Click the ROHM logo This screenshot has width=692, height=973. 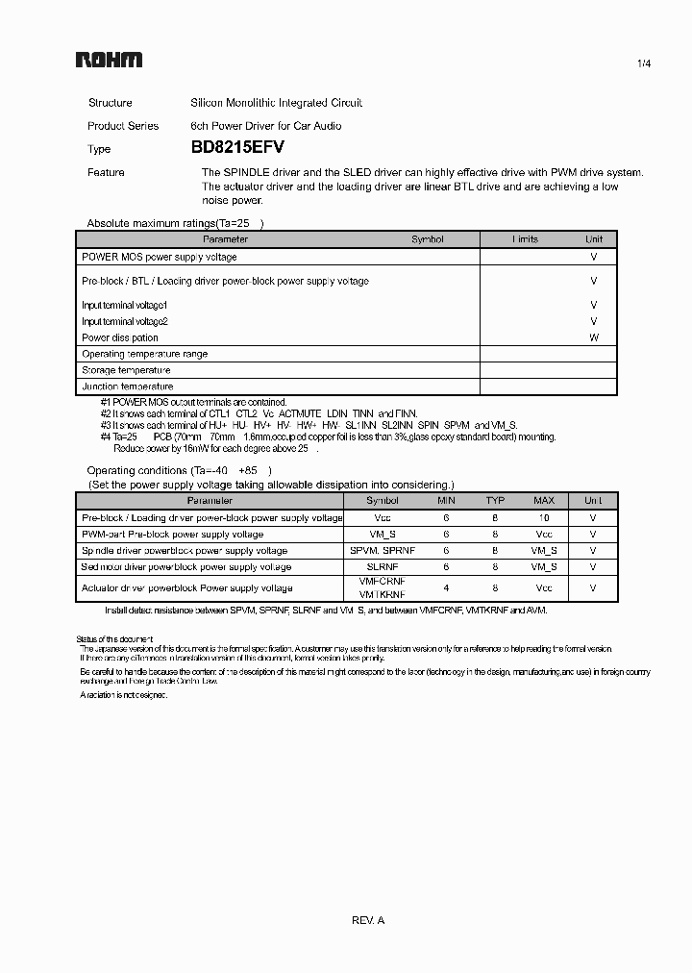coord(109,60)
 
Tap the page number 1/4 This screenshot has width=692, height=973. coord(643,63)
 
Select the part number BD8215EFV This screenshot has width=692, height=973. coord(236,148)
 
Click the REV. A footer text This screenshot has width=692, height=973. coord(367,920)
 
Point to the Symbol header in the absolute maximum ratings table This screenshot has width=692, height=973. coord(428,239)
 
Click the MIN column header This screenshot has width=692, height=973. coord(446,501)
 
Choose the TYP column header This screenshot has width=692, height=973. coord(495,501)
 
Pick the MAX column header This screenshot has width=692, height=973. coord(544,501)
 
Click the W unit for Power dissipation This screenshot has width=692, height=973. coord(594,337)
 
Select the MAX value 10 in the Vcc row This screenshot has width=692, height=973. coord(544,517)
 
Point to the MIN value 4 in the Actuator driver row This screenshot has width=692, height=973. coord(446,587)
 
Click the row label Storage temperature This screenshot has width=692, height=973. coord(127,370)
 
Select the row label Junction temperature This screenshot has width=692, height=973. coord(128,387)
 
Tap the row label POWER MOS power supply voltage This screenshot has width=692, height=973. coord(160,258)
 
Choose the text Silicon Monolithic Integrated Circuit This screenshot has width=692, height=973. coord(276,103)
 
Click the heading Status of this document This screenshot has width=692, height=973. coord(114,638)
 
